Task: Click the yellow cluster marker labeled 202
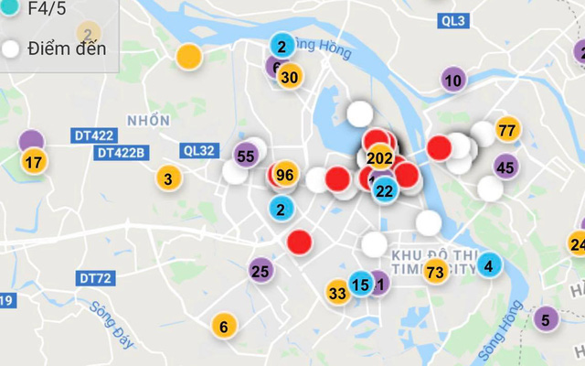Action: [379, 156]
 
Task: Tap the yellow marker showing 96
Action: [284, 175]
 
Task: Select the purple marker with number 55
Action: [245, 156]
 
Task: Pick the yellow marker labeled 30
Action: [289, 77]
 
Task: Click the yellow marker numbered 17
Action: [34, 164]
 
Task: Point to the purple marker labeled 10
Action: [452, 81]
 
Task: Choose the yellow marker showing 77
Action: [507, 130]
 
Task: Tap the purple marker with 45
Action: [505, 167]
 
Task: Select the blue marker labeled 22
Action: [384, 190]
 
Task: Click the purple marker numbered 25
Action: [261, 270]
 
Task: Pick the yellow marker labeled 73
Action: [435, 271]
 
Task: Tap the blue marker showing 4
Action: [488, 266]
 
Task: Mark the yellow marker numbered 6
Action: [223, 325]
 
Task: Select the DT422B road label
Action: [122, 153]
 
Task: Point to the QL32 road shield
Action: [198, 151]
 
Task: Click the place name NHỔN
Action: [148, 121]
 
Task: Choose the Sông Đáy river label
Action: [111, 325]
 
